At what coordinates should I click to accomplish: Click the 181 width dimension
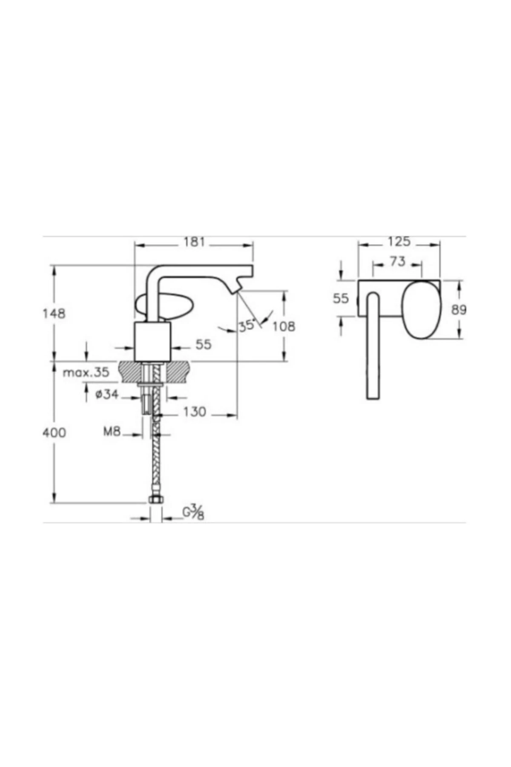pos(194,242)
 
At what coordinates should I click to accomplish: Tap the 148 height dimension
pos(54,314)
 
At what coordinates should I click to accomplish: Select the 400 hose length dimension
pos(54,433)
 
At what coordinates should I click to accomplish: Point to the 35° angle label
pos(247,326)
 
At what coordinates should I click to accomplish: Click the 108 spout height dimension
pos(284,326)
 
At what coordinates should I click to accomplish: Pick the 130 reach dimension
pos(195,412)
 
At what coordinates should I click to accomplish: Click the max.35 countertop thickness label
pos(86,373)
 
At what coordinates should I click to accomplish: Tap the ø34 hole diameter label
pos(107,395)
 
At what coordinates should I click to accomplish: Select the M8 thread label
pos(112,432)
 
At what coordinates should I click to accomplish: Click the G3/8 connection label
pos(194,512)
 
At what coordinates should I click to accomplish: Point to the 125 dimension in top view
pos(399,242)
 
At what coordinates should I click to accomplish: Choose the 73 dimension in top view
pos(397,261)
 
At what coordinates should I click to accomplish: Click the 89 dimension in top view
pos(459,310)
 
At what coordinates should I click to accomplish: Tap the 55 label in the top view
pos(341,298)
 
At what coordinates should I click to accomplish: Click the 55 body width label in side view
pos(203,344)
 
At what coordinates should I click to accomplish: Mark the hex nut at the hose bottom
pos(156,500)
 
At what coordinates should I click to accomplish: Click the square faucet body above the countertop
pos(152,341)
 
